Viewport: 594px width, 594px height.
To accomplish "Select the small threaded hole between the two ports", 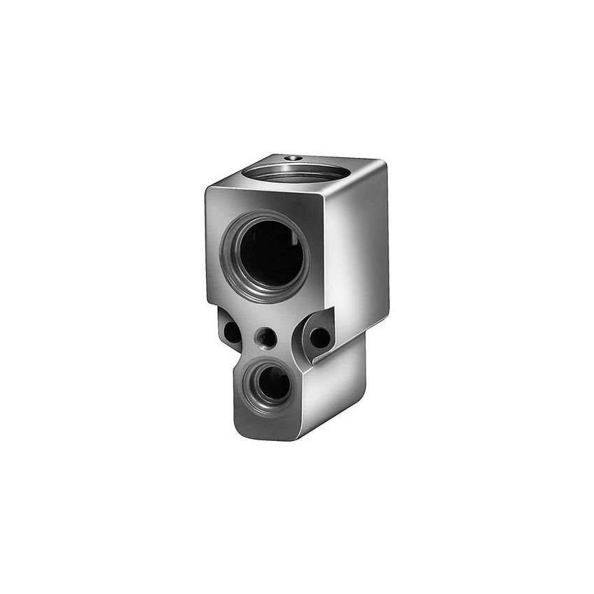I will [x=266, y=338].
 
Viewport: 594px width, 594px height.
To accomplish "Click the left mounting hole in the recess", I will [x=231, y=331].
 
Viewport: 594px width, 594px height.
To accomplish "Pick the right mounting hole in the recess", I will [x=319, y=338].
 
